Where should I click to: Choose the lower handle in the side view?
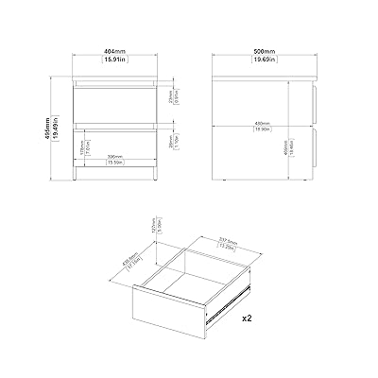(312, 145)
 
